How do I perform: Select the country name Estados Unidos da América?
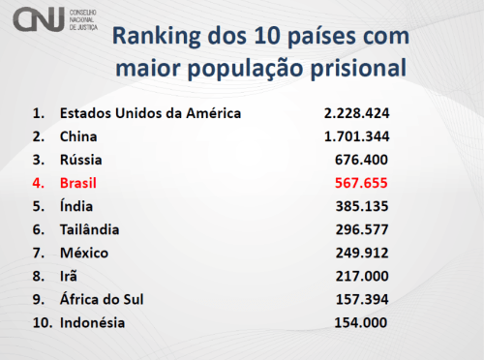(150, 113)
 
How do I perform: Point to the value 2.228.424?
(356, 113)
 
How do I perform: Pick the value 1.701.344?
(356, 136)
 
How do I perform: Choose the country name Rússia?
(81, 160)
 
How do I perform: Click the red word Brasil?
(80, 183)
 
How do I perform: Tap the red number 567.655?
(363, 183)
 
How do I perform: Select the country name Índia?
(77, 206)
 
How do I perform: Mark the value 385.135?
(363, 206)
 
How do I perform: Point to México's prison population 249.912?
(363, 253)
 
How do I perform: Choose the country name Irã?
(70, 276)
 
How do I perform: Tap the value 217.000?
(363, 276)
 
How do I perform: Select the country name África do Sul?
(103, 299)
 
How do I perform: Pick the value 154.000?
(363, 322)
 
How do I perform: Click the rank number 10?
(40, 322)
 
